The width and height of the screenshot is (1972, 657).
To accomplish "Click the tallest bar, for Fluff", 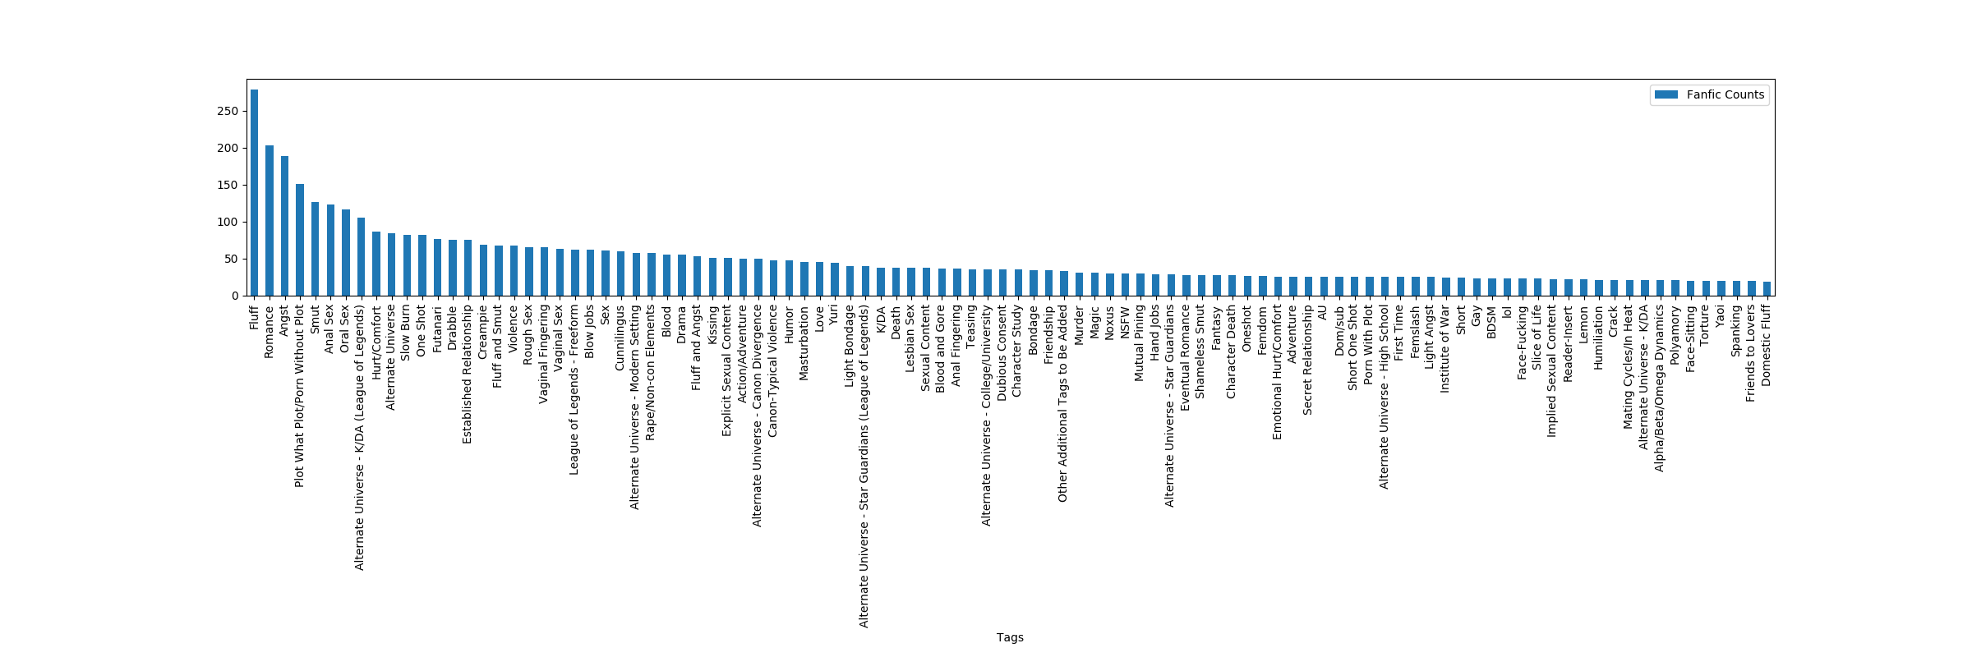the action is (x=254, y=192).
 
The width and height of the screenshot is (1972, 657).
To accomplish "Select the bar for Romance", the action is (x=270, y=220).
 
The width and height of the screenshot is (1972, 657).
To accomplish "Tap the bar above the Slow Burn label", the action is (x=407, y=265).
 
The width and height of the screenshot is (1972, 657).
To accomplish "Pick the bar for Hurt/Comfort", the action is (x=376, y=264).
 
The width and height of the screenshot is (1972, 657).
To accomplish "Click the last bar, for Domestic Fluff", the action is (x=1767, y=288).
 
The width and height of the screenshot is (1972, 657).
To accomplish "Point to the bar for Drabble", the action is (x=453, y=268).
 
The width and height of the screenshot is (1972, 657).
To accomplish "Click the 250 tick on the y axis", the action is (x=228, y=112).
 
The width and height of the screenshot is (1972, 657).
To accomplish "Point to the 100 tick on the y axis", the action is (x=228, y=223).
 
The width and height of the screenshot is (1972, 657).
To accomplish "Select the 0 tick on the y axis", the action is (x=235, y=296).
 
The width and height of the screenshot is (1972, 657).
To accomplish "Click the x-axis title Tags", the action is (x=1010, y=637).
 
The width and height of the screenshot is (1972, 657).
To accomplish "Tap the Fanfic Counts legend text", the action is (x=1725, y=95).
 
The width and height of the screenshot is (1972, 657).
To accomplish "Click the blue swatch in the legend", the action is (x=1666, y=95).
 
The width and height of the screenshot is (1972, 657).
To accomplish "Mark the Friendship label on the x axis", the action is (x=1048, y=334).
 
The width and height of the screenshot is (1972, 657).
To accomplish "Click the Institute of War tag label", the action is (x=1445, y=349).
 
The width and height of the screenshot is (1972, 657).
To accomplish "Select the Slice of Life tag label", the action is (x=1537, y=338).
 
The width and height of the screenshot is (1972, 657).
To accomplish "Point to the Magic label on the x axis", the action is (x=1094, y=323).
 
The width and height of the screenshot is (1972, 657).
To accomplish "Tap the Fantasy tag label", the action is (x=1217, y=328).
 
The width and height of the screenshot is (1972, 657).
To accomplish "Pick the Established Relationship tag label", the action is (x=468, y=374).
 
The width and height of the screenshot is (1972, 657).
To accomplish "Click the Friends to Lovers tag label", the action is (x=1750, y=354).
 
